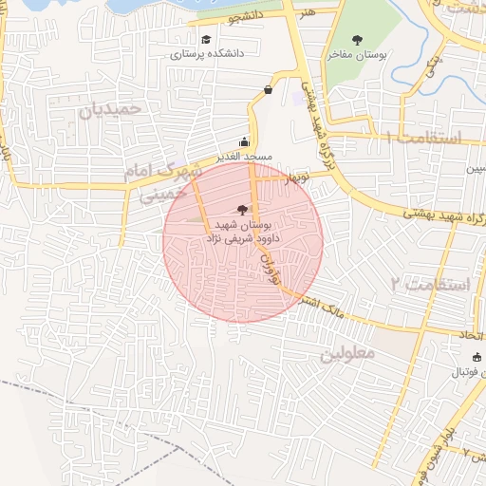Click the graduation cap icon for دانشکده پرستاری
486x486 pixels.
(206, 40)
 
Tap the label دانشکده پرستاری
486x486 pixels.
(207, 54)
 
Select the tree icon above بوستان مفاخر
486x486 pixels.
(357, 40)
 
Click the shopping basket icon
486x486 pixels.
(268, 90)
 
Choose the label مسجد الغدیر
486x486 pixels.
(244, 155)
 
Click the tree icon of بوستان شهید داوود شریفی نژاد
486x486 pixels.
(243, 210)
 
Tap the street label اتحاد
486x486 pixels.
(471, 337)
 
